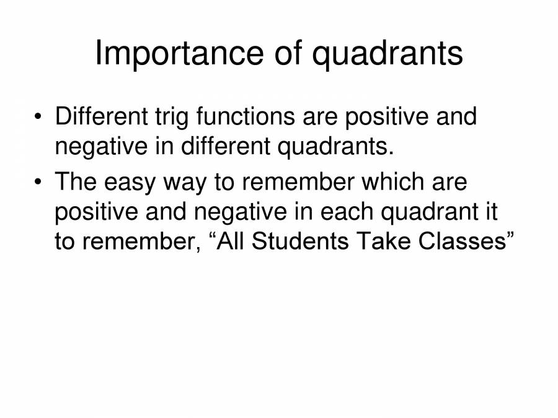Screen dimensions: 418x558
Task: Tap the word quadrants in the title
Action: (x=387, y=54)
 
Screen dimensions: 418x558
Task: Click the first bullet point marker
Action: (x=39, y=117)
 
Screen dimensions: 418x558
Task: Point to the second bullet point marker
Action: (x=39, y=183)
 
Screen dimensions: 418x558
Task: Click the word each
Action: (x=347, y=212)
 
